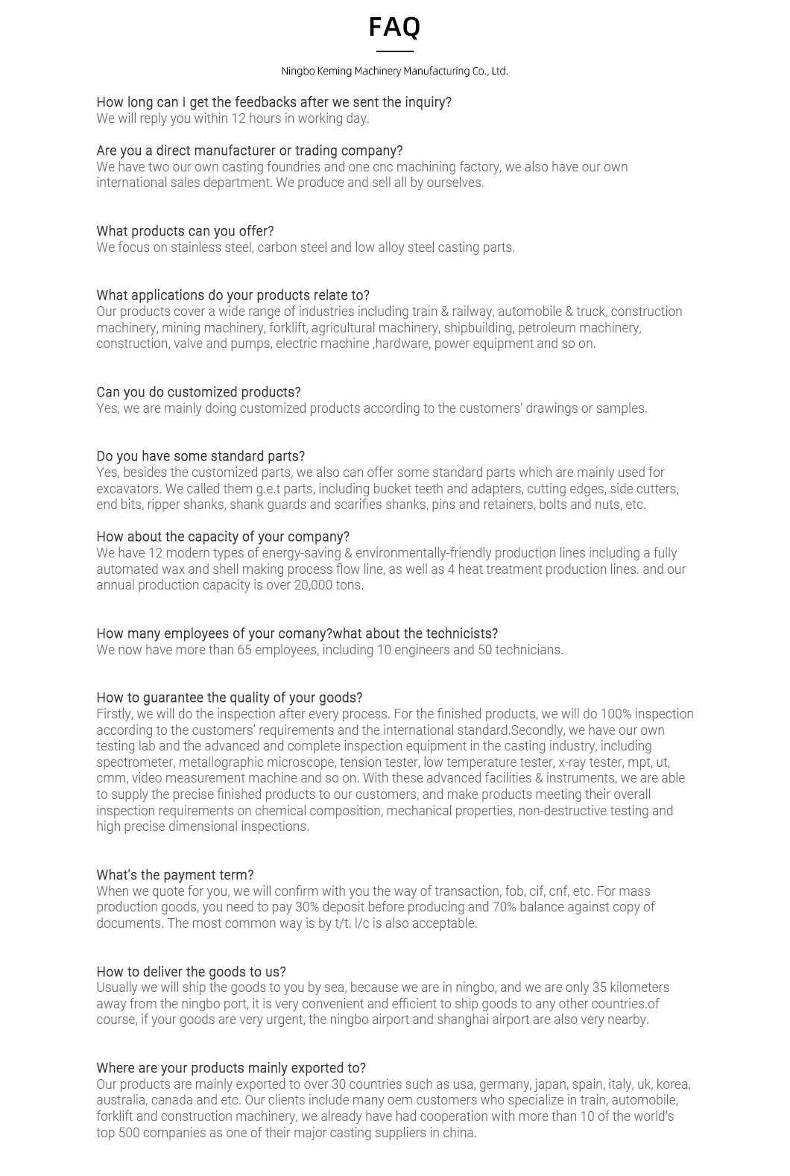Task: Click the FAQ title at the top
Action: tap(394, 27)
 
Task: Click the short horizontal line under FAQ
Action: tap(394, 51)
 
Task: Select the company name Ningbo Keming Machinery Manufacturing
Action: tap(394, 71)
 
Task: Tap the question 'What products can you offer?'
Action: tap(185, 231)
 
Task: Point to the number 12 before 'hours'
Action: tap(238, 118)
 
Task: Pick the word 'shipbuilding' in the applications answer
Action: tap(478, 328)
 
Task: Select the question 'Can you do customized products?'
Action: tap(198, 392)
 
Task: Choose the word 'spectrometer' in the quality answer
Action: tap(135, 762)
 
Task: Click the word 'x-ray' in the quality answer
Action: tap(573, 762)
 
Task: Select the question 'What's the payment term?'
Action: tap(174, 875)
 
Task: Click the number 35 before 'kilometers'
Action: tap(600, 987)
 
